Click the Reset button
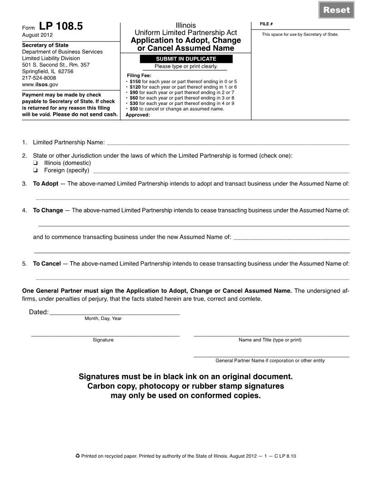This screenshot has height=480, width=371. (336, 10)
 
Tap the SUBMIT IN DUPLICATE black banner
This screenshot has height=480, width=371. (186, 59)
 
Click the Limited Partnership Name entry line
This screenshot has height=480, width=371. (227, 143)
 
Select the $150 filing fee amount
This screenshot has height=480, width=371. (135, 82)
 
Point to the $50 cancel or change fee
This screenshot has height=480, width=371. (134, 109)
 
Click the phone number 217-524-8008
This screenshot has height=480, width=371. (39, 78)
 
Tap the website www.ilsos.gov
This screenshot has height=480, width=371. (40, 85)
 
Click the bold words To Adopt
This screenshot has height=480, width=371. (45, 184)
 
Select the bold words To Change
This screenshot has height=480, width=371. (48, 210)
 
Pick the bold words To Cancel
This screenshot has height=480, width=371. (47, 264)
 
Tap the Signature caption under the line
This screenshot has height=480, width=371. (103, 340)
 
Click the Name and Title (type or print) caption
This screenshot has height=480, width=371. (270, 340)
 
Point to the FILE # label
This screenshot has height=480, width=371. (266, 24)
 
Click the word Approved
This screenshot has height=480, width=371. (137, 115)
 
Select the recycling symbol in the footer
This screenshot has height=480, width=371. (77, 456)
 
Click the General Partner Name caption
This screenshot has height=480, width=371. (270, 360)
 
